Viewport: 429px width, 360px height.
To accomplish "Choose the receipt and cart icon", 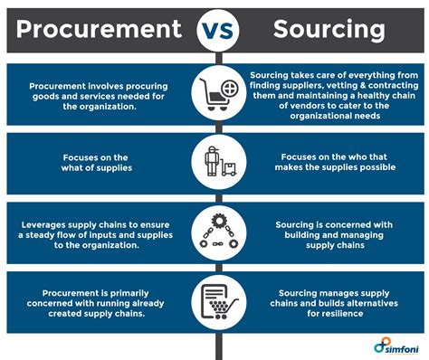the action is (x=214, y=301).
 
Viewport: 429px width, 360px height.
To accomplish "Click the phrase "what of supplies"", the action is (x=100, y=167).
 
